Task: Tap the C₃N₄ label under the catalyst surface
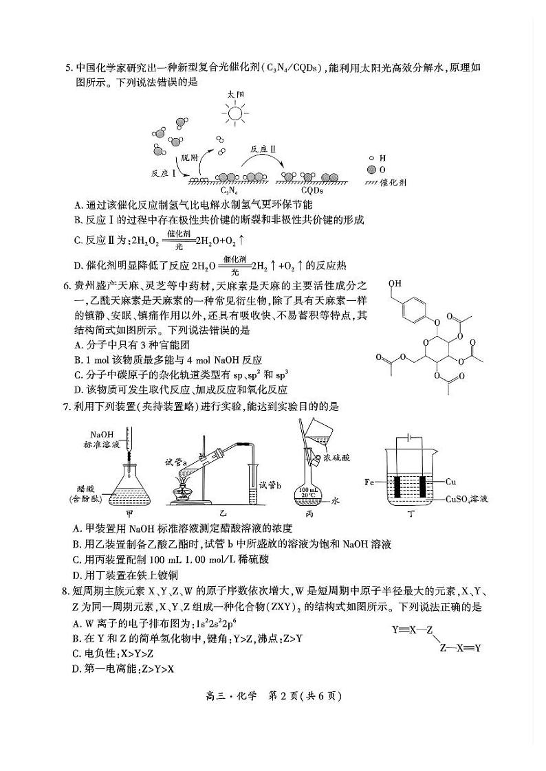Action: pos(229,190)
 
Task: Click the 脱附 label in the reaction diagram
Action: pos(189,157)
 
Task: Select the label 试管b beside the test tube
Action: pos(272,485)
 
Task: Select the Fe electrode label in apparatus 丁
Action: pos(370,482)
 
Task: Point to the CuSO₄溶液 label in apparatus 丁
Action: pos(468,500)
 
